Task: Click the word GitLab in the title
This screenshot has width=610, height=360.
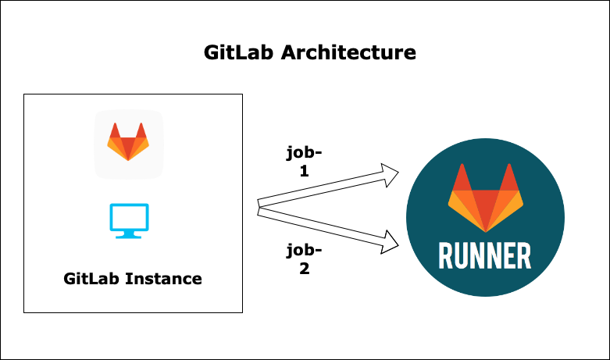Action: click(240, 53)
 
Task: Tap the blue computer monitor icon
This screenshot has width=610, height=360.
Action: click(129, 220)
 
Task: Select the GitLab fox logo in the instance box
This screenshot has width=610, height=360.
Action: click(128, 142)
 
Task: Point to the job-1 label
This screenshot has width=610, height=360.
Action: click(304, 162)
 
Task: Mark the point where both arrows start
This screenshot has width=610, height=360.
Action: click(259, 207)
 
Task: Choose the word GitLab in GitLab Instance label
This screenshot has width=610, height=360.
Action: click(91, 278)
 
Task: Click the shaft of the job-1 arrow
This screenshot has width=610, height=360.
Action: click(320, 191)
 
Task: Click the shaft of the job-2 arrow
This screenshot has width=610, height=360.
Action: click(320, 226)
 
